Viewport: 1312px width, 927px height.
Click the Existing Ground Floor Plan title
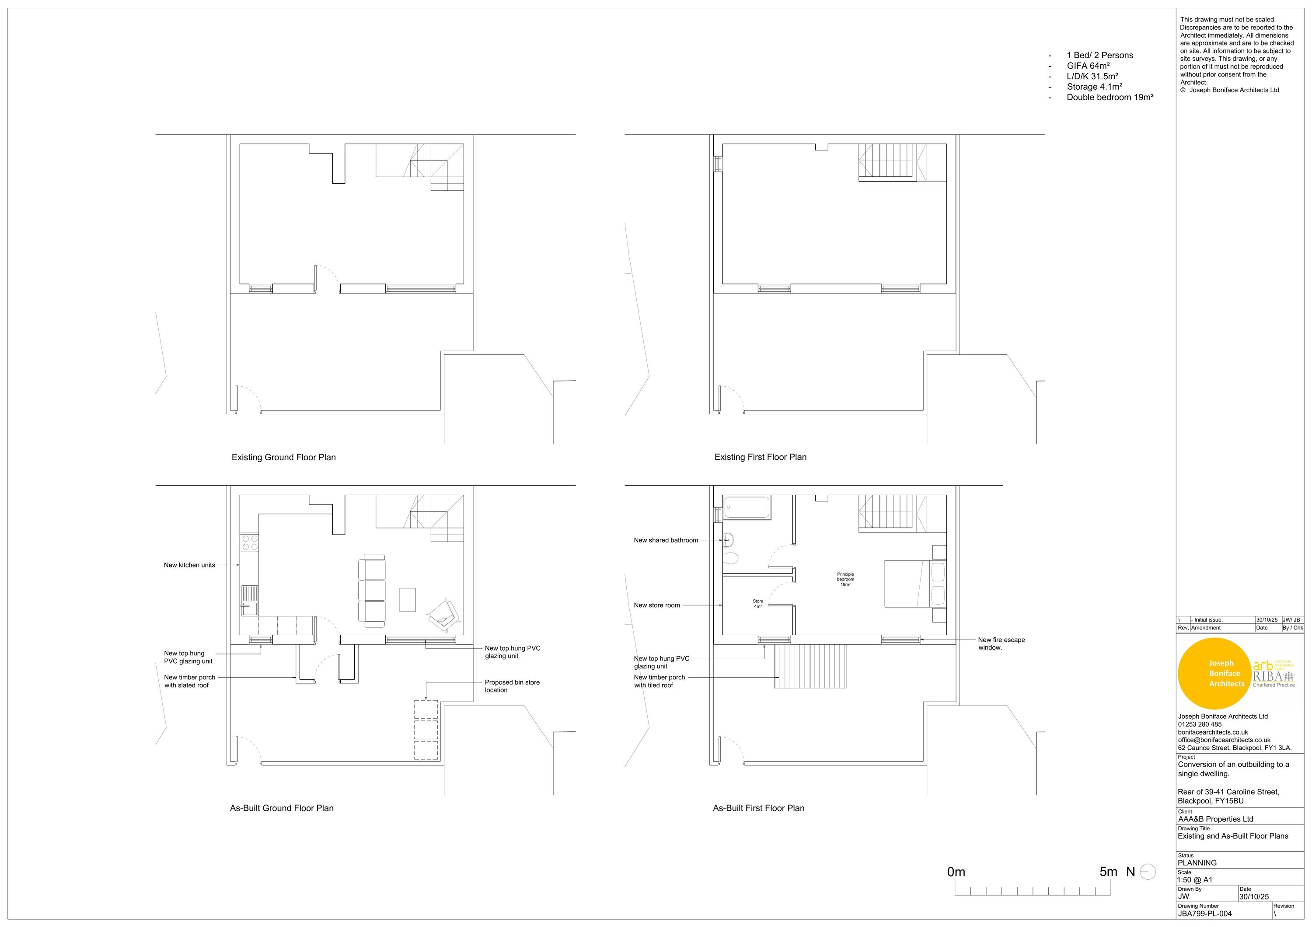click(283, 457)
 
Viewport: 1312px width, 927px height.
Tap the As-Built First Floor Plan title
click(758, 808)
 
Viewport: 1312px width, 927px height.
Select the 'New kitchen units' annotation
click(189, 565)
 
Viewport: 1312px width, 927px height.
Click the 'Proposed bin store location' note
click(512, 686)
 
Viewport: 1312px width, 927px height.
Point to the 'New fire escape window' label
click(1001, 644)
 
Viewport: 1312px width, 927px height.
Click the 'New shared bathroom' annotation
click(666, 540)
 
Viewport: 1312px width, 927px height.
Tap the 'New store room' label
click(656, 605)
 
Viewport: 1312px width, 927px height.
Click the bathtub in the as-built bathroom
click(747, 507)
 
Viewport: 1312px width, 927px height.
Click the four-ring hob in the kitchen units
click(250, 542)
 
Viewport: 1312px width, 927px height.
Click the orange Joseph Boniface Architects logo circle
click(1214, 673)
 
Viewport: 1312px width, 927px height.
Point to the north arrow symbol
click(1148, 872)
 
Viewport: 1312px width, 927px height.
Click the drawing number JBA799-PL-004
click(1204, 913)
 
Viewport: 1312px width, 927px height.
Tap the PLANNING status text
click(1197, 863)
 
